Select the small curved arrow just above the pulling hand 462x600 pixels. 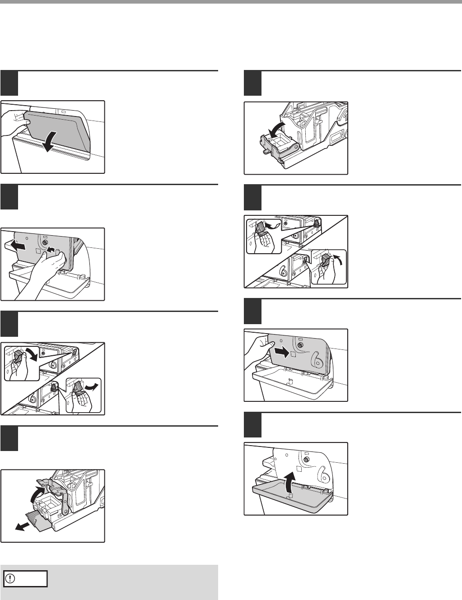pyautogui.click(x=52, y=250)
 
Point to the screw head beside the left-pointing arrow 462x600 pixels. pyautogui.click(x=45, y=242)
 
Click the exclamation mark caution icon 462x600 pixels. pyautogui.click(x=10, y=579)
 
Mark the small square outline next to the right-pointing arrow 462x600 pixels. pyautogui.click(x=293, y=356)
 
